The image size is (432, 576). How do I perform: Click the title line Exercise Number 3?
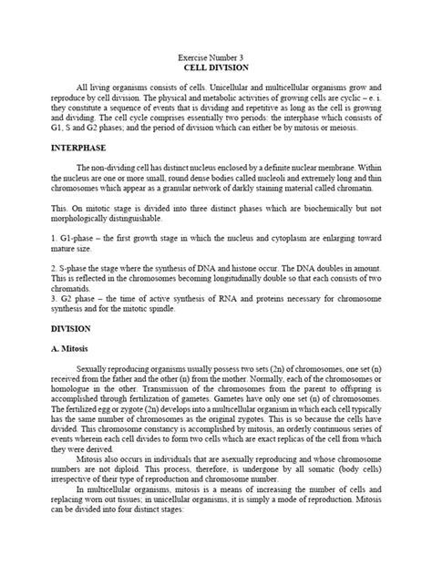[215, 57]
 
